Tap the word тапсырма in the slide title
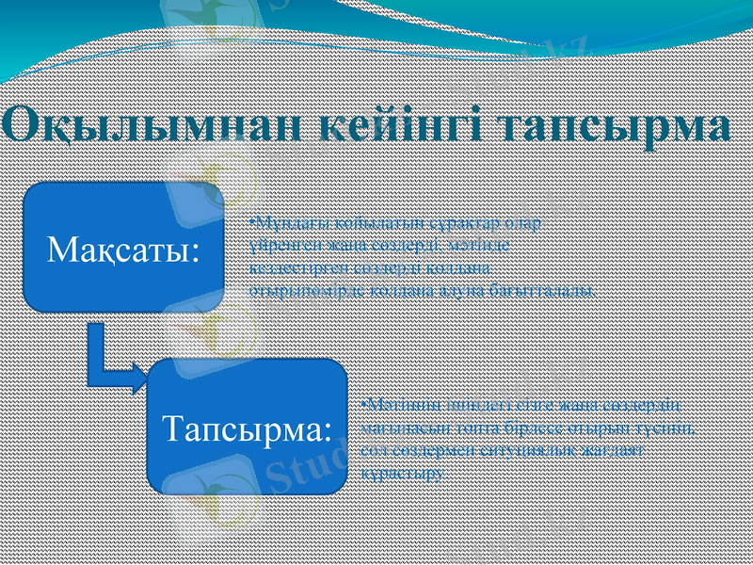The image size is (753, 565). coord(616,124)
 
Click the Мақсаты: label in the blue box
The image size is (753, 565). coord(123,250)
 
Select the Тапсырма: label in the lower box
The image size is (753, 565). coord(248,428)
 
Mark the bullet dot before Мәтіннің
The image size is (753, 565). coord(364,405)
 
